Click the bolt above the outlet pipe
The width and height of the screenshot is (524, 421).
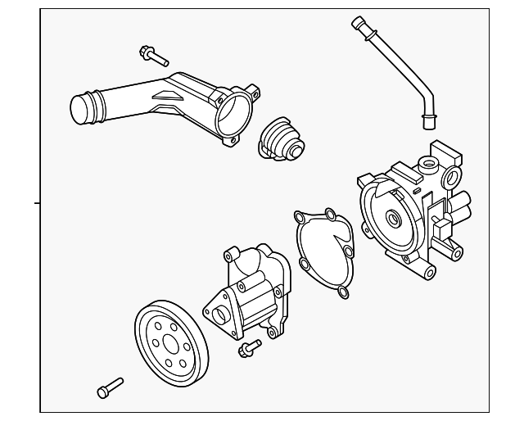pyautogui.click(x=153, y=56)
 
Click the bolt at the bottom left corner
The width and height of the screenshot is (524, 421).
pyautogui.click(x=109, y=388)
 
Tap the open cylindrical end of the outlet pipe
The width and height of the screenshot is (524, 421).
pyautogui.click(x=83, y=110)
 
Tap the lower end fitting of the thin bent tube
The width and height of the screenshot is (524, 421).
pyautogui.click(x=427, y=123)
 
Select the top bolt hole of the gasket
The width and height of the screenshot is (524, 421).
pyautogui.click(x=330, y=215)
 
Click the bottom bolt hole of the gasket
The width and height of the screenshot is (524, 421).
pyautogui.click(x=344, y=292)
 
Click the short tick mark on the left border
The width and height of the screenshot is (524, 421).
pyautogui.click(x=37, y=201)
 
